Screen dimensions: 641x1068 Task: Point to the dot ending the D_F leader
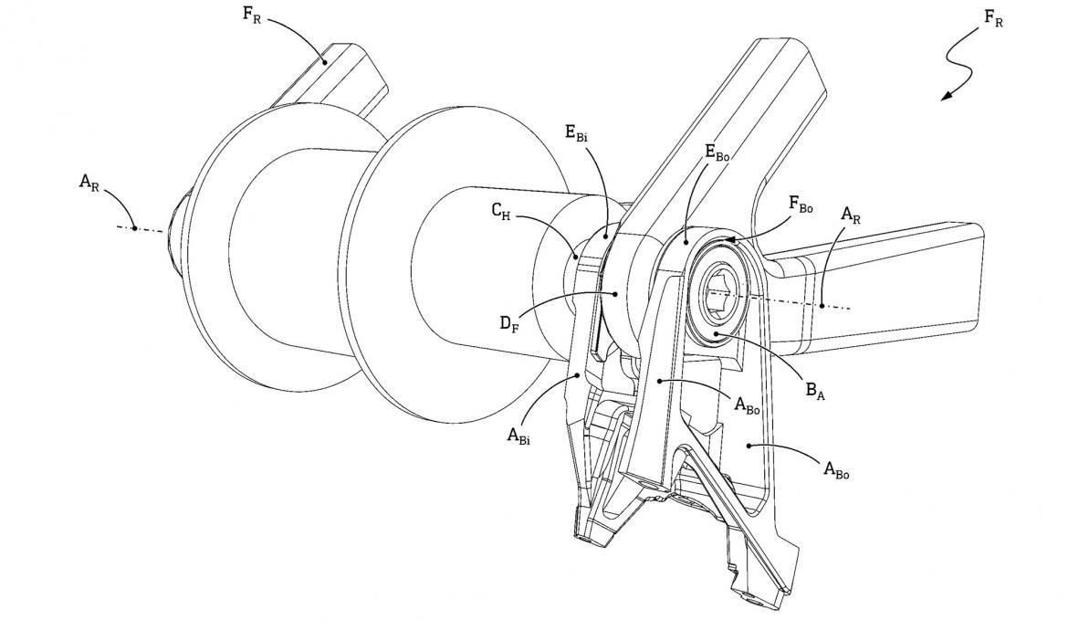pos(618,293)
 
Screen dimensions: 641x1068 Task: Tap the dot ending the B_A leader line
pos(719,335)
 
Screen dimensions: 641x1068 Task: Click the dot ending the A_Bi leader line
pos(580,373)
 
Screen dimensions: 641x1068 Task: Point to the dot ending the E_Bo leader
pos(686,244)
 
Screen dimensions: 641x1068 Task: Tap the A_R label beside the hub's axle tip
pos(89,182)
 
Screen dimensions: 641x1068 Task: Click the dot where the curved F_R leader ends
pos(325,63)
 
